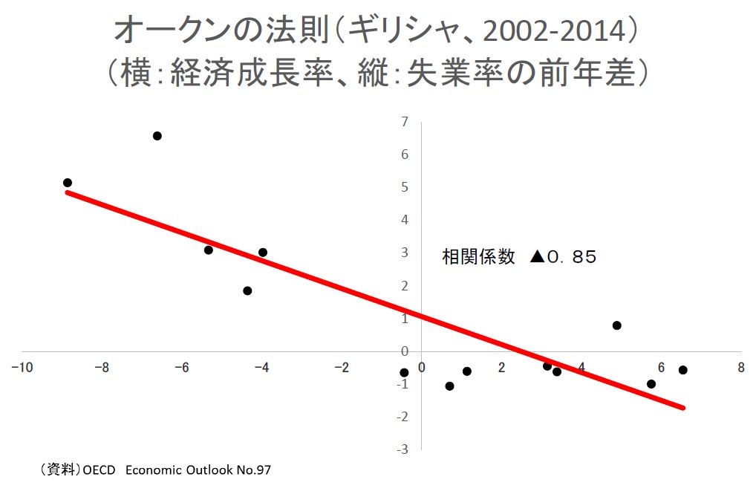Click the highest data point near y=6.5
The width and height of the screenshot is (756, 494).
tap(157, 136)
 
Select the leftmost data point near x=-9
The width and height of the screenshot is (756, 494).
tap(68, 183)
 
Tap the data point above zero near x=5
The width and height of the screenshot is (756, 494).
tap(616, 325)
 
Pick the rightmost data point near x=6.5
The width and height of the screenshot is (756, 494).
tap(682, 370)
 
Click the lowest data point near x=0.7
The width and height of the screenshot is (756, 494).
tap(449, 386)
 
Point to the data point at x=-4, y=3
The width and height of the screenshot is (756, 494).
tap(263, 253)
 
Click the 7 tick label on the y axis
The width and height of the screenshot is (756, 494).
tap(404, 122)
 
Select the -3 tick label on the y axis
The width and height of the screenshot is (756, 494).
tap(402, 449)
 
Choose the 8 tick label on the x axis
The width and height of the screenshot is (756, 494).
tap(740, 368)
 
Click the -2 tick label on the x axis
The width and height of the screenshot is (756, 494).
tap(342, 368)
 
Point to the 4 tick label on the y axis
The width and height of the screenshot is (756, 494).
tap(405, 220)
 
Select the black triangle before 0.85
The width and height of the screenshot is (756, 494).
tap(537, 257)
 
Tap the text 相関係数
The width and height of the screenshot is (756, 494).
tap(478, 257)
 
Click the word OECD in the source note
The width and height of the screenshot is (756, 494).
tap(100, 469)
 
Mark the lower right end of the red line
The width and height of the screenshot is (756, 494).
tap(682, 407)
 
